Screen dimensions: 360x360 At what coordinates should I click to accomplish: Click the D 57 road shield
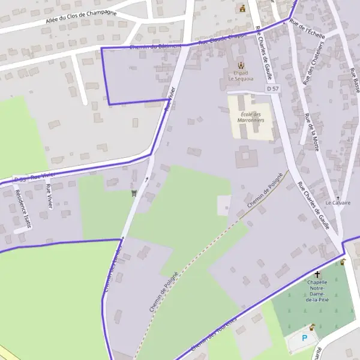272,89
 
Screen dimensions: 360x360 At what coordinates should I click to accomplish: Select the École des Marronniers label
250,117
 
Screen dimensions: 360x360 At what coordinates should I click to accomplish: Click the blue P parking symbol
304,338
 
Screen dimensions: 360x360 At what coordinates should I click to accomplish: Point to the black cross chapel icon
317,274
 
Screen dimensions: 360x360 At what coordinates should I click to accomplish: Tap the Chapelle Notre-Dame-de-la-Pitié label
317,290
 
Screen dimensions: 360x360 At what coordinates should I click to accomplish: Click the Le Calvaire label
338,203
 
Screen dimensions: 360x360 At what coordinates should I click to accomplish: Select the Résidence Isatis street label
23,209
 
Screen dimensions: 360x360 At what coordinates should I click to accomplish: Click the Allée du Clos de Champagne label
81,17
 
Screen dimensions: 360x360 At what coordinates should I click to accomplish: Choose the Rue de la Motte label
312,131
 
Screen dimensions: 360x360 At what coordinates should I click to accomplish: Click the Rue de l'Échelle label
307,28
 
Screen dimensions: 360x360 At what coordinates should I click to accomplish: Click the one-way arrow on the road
146,178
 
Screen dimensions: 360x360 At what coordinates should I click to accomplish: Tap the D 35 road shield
19,179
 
